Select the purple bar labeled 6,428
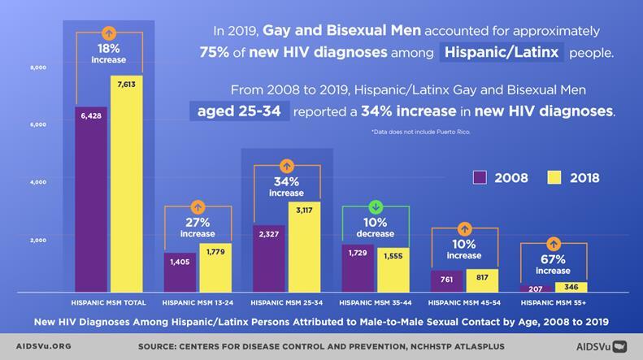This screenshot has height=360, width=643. [91, 200]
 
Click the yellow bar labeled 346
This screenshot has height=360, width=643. [571, 288]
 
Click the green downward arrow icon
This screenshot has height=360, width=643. [375, 206]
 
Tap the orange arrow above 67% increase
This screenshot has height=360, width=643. [553, 243]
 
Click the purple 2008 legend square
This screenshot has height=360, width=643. [480, 177]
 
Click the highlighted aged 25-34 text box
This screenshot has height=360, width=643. [239, 110]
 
